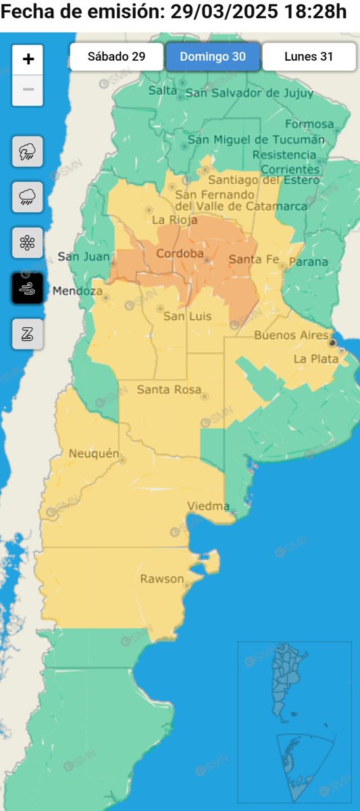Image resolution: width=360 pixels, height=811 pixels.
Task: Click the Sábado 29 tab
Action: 116,57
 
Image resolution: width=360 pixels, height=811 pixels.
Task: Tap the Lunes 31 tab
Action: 309,57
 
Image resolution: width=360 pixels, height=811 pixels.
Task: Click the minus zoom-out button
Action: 28,89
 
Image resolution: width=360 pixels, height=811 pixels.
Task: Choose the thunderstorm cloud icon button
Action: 28,151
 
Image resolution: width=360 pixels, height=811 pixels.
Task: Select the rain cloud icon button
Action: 28,197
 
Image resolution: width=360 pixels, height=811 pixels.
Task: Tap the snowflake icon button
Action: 28,243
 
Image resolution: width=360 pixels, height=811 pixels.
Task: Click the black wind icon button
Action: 28,289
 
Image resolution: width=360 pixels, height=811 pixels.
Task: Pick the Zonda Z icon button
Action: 28,335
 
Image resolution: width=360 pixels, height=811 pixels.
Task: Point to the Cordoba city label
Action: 180,253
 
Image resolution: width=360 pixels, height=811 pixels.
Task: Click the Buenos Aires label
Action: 290,335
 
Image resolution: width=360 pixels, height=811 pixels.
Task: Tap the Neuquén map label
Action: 94,453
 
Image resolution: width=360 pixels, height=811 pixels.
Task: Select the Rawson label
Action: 161,579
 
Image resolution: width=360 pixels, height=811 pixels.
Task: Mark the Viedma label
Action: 208,506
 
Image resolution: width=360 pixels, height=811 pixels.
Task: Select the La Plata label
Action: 315,359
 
